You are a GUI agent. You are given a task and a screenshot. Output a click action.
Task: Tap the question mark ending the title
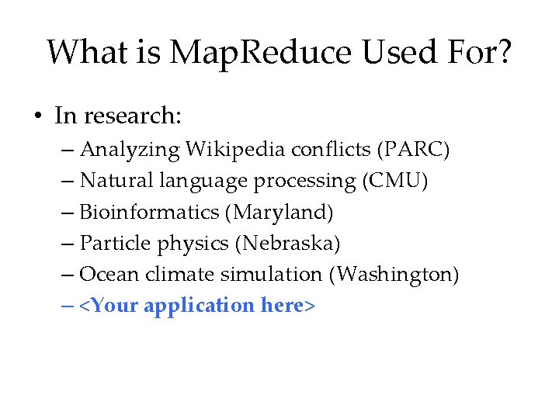(x=504, y=53)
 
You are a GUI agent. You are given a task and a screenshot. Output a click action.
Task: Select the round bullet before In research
(x=36, y=117)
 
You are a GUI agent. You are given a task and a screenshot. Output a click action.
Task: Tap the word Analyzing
(x=119, y=149)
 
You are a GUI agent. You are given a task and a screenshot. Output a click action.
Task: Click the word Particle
(x=116, y=244)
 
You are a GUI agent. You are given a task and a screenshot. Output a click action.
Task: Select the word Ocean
(x=108, y=275)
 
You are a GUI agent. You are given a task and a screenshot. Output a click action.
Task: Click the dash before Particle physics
(x=66, y=244)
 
